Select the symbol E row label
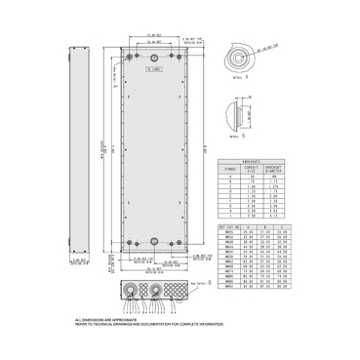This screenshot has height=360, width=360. (x=230, y=194)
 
